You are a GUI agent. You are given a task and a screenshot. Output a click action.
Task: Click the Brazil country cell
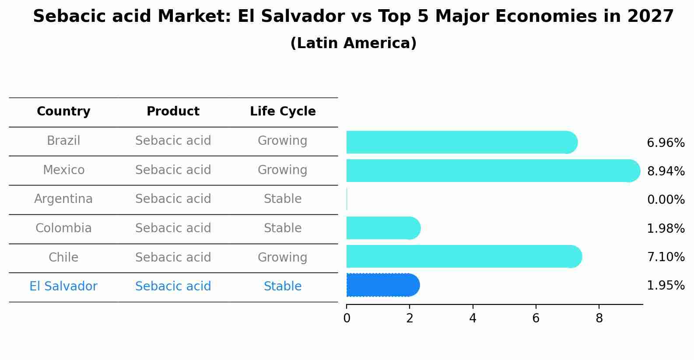63,141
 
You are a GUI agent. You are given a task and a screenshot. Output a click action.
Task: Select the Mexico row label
63,170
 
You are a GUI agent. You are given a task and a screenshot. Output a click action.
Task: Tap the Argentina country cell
63,199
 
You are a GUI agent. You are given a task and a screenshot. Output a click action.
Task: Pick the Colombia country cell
63,228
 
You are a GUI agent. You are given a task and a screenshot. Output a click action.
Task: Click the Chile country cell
63,257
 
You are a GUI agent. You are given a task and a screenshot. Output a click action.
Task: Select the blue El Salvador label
63,287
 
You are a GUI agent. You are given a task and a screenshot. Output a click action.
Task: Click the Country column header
63,112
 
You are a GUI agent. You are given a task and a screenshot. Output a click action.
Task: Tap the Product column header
173,112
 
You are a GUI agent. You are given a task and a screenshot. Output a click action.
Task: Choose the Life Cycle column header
283,112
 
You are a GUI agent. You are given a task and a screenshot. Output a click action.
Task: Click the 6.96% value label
666,143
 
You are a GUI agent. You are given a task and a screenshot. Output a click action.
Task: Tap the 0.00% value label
666,200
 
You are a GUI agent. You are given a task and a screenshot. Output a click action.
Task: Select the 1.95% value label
666,286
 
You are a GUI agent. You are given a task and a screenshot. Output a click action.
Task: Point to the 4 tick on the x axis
473,318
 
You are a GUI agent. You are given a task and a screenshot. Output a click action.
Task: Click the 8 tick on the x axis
599,318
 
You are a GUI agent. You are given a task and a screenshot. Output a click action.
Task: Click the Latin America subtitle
353,43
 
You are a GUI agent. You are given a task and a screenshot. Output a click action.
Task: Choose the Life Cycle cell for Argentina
283,199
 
